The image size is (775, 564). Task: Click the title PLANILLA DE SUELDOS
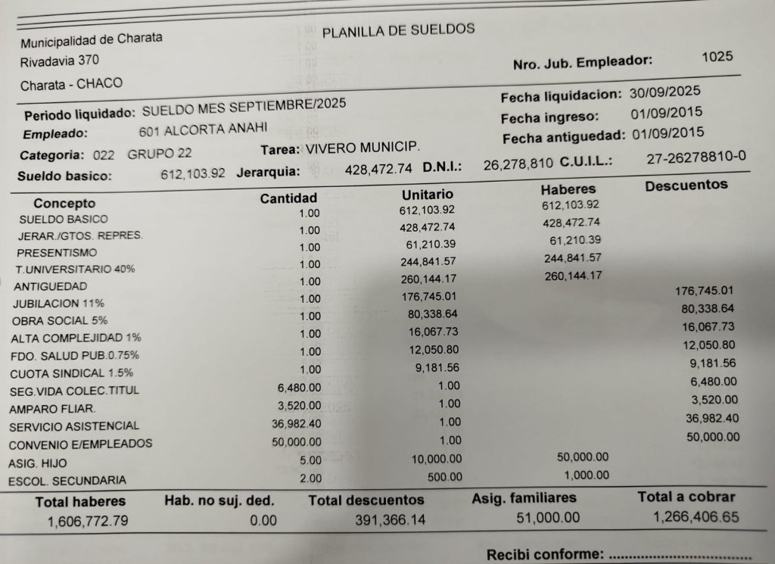coord(398,31)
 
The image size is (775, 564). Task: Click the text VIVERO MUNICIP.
coord(363,147)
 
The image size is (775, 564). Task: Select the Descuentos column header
coord(686,185)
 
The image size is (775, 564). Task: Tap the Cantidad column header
coord(288,198)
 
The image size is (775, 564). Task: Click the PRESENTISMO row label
coord(57,252)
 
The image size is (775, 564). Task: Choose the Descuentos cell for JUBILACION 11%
coord(705,291)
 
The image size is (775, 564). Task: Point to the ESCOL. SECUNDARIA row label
coord(67,480)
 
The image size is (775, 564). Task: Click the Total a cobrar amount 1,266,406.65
coord(696,517)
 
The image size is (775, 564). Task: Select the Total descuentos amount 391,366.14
coord(390,520)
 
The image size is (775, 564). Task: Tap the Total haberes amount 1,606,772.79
coord(87,521)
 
